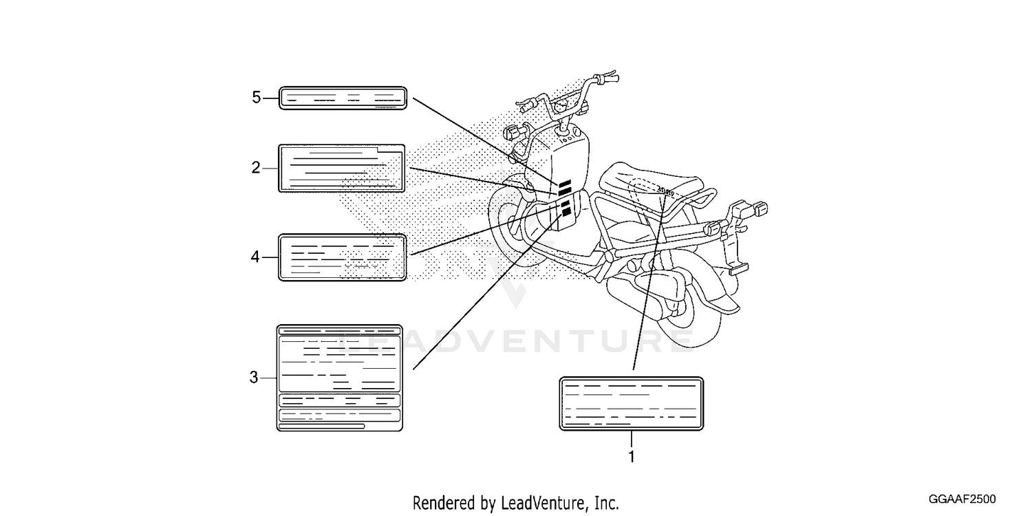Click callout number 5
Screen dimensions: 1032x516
(256, 98)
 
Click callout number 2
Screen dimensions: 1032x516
(256, 168)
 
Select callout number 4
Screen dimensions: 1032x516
(255, 257)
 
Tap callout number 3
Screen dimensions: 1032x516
(254, 377)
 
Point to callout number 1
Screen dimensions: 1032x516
(632, 457)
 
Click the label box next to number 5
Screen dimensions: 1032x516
(343, 98)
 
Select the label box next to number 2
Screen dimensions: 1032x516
(341, 168)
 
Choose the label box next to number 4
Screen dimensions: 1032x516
(343, 257)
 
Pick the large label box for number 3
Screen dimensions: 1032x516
(340, 378)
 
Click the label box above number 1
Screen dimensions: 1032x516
(631, 404)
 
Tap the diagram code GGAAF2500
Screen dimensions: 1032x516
(962, 499)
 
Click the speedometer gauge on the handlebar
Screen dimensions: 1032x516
(561, 107)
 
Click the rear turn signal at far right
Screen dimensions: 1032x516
(755, 209)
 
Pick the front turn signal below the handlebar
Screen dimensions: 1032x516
(515, 132)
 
